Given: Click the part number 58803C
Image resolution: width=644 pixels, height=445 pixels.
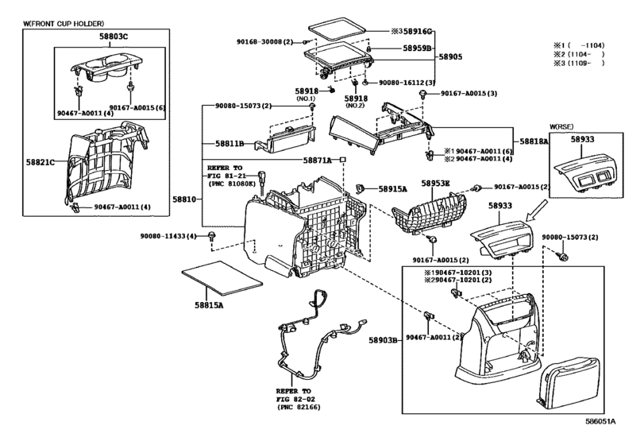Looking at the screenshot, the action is (114, 37).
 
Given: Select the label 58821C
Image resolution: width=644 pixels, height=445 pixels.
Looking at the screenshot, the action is (40, 162).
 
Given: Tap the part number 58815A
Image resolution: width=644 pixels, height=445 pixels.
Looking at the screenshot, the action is (209, 305).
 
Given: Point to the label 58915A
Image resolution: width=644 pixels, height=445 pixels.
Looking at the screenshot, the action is (392, 189).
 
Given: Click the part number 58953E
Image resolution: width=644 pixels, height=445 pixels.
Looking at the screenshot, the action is (435, 184).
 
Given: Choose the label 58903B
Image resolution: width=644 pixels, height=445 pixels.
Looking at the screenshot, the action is (383, 340).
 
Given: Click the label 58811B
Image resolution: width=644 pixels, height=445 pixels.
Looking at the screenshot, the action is (229, 143).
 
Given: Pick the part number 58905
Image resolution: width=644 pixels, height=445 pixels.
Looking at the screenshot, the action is (450, 56).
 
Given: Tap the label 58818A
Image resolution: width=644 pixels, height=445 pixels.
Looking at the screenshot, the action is (534, 141).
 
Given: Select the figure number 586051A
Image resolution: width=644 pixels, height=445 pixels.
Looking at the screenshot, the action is (600, 421).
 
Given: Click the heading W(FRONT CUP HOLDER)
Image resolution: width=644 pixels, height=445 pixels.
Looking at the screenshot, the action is (64, 24).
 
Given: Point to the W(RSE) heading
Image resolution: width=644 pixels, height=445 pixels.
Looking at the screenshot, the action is (561, 127).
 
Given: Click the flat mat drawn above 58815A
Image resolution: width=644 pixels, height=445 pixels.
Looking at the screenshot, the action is (222, 278).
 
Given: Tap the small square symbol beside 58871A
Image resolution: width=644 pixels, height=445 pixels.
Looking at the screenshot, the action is (343, 160).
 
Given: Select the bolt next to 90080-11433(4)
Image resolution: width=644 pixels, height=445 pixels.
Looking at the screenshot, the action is (212, 236).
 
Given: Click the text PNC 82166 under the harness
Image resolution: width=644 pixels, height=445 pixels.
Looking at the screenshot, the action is (299, 407).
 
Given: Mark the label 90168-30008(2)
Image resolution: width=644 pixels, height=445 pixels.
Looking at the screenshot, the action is (265, 42).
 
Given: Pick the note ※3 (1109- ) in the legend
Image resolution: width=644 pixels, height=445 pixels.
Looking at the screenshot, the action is (579, 64).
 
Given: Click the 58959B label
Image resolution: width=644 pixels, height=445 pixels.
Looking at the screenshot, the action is (417, 48).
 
